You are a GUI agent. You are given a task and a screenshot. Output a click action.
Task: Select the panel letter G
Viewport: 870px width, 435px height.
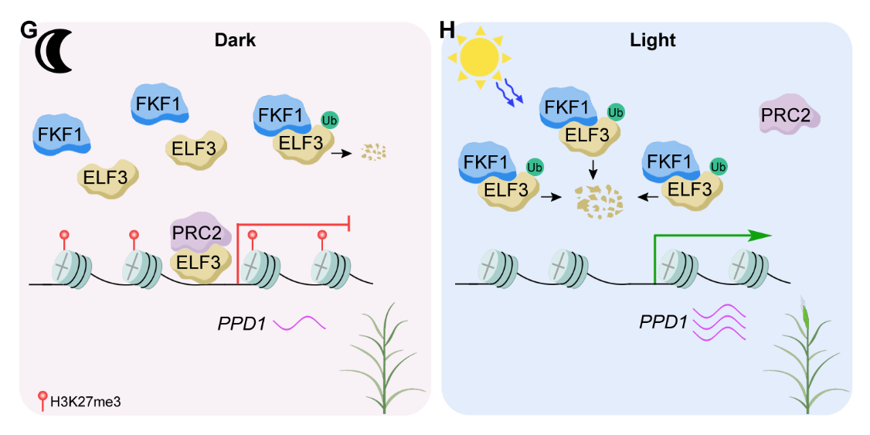[x=29, y=31]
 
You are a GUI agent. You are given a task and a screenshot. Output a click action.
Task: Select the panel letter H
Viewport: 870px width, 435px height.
[x=447, y=31]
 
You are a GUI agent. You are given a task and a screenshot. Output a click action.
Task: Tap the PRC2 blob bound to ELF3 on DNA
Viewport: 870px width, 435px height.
[x=196, y=231]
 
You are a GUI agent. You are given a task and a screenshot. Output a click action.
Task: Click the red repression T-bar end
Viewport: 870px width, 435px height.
[x=351, y=224]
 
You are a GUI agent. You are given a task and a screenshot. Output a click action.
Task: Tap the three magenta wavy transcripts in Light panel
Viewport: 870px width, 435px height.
[x=720, y=323]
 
